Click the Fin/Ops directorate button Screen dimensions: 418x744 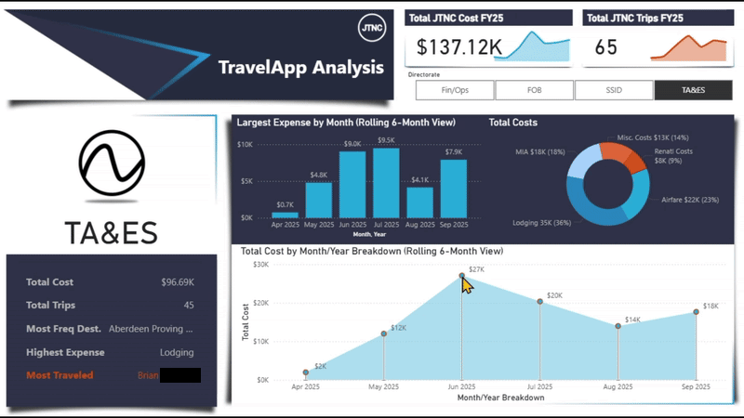tap(454, 90)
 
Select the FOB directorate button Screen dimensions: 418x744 tap(534, 90)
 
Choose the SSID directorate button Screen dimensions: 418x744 tap(613, 90)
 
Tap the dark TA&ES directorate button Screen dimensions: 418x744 tap(693, 90)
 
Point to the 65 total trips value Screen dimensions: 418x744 tap(605, 47)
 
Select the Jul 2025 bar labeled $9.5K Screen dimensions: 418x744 tap(386, 183)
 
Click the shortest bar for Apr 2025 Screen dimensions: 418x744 tap(285, 215)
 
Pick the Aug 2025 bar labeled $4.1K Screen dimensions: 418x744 tap(419, 202)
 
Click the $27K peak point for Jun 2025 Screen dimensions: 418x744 tap(462, 276)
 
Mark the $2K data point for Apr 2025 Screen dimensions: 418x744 tap(305, 372)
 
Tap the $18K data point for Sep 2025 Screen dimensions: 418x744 tap(697, 312)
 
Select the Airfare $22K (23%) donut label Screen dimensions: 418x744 tap(691, 199)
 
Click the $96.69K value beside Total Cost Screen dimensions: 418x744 tap(175, 282)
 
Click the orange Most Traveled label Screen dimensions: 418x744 tap(60, 375)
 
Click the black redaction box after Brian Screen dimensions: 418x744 tap(179, 375)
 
